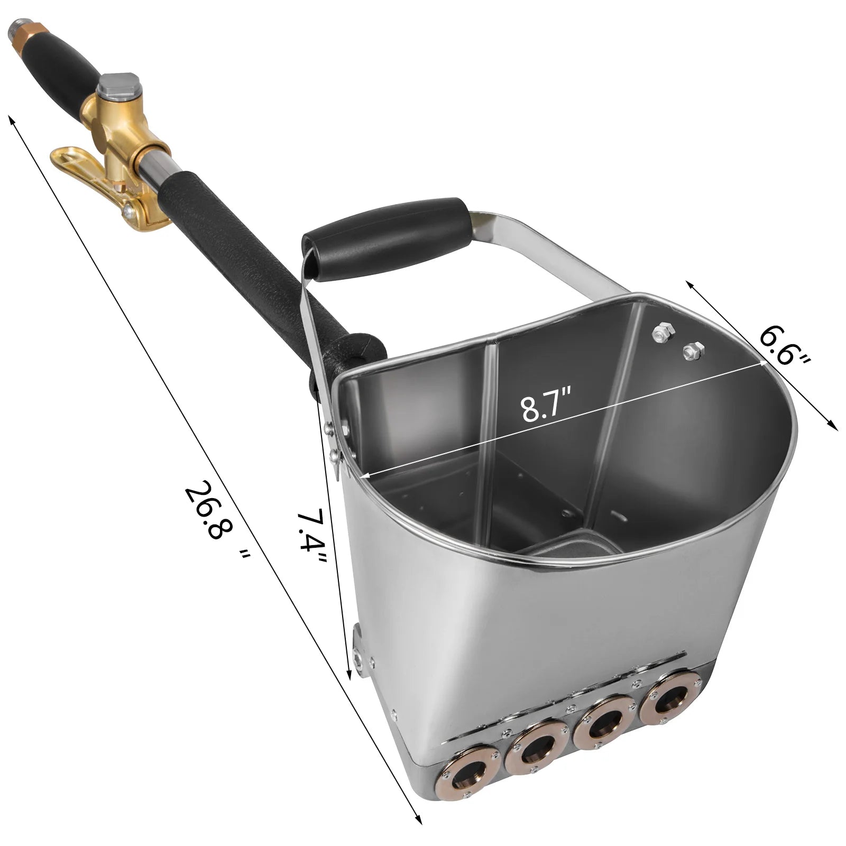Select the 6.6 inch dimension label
click(x=784, y=346)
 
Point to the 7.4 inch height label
click(x=312, y=545)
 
